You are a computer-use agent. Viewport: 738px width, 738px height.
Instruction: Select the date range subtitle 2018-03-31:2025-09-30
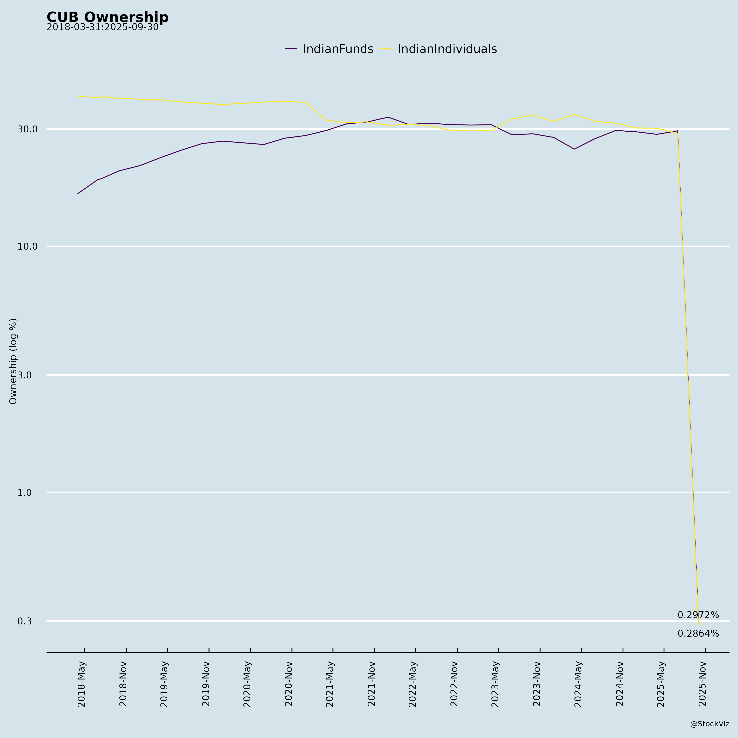102,27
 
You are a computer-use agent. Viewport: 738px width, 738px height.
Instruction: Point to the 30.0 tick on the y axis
27,129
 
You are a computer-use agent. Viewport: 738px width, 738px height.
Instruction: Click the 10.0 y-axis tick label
27,246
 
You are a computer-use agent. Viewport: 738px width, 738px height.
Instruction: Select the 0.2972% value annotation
698,615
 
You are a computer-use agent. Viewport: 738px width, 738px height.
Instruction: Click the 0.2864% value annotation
698,634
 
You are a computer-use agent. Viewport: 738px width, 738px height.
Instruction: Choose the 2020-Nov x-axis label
289,684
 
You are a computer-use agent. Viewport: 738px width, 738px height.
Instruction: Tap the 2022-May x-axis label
412,684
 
